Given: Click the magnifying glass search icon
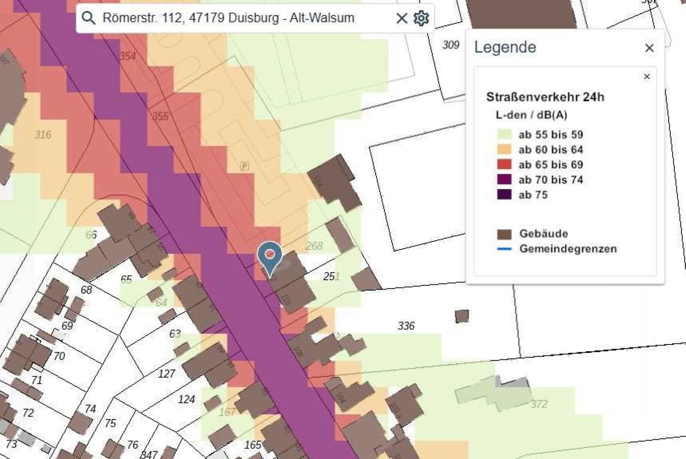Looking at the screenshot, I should (x=88, y=17).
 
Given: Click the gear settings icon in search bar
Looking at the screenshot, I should (x=421, y=18).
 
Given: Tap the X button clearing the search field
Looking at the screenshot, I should (x=401, y=18).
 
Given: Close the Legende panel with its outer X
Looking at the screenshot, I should (x=649, y=48).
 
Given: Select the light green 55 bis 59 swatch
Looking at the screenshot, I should (x=504, y=134).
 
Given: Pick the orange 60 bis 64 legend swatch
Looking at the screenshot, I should (x=504, y=150).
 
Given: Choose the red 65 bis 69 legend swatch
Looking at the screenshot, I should (x=504, y=164).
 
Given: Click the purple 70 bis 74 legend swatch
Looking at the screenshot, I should (x=504, y=179).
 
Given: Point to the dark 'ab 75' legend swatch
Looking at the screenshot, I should (x=504, y=195).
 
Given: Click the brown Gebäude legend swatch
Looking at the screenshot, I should (x=504, y=234).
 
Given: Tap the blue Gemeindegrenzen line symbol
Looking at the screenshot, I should (x=504, y=249).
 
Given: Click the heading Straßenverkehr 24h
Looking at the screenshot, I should (x=545, y=97).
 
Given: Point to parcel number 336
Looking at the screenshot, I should (x=406, y=326).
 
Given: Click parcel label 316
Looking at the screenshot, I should (x=43, y=134).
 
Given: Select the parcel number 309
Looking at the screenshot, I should (x=450, y=45).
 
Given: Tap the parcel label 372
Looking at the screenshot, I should (x=539, y=404).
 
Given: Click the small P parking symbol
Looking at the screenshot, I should (x=244, y=166).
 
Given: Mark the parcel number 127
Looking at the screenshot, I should (x=166, y=374).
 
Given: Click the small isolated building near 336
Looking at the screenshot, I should (x=462, y=316).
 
